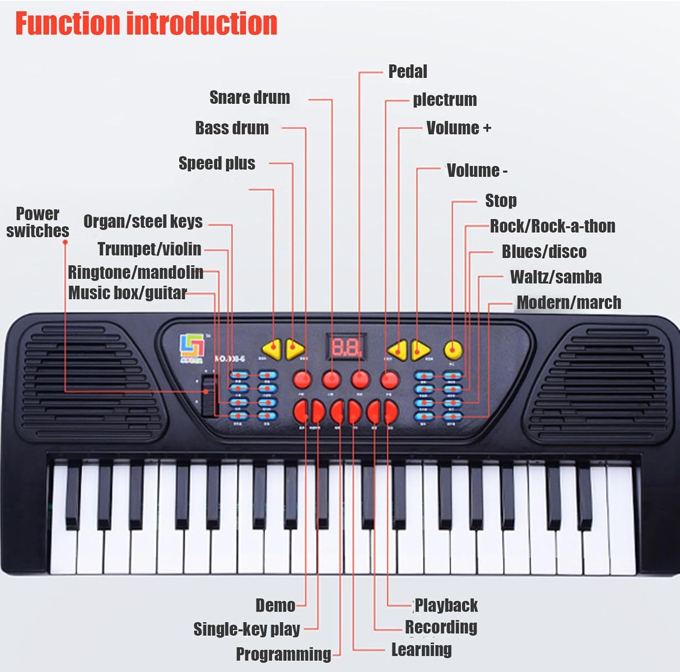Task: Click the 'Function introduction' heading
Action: (x=146, y=23)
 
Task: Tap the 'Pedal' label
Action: (x=408, y=72)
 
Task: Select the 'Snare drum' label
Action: (x=249, y=97)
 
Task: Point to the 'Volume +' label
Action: (x=458, y=128)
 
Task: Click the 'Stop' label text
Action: (x=500, y=200)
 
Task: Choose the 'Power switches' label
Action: (x=38, y=222)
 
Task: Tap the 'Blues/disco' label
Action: (x=544, y=252)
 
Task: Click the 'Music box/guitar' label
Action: (x=127, y=293)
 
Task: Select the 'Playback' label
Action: (x=446, y=605)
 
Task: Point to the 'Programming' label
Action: (x=283, y=654)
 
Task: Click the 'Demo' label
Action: (x=275, y=605)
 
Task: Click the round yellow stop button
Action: (x=453, y=350)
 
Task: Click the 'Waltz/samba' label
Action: (x=556, y=277)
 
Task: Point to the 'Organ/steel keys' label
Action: (x=143, y=222)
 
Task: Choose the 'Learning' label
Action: (x=421, y=650)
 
